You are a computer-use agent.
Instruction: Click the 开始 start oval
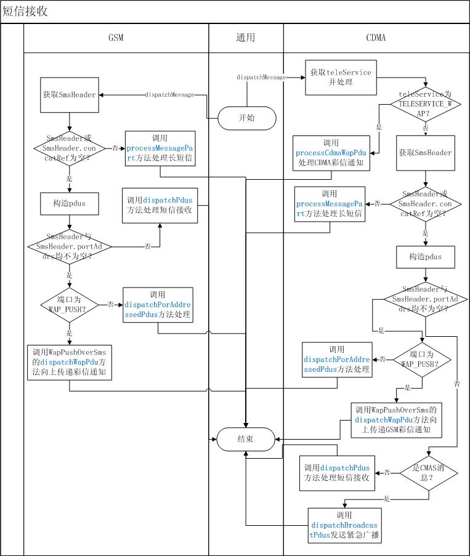coord(246,118)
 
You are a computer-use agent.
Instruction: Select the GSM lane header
coord(116,38)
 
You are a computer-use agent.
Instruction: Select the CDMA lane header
coord(376,38)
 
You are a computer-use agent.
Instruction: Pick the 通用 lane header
coord(246,38)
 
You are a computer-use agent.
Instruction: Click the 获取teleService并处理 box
coord(341,78)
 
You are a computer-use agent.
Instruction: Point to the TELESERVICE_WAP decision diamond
coord(425,104)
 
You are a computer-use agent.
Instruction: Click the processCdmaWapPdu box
coord(335,153)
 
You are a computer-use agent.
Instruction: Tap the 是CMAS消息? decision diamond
coord(425,473)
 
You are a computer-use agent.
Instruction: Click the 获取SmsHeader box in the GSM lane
coord(69,95)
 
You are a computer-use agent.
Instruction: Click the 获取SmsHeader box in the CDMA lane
coord(425,153)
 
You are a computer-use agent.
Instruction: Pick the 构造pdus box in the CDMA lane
coord(425,256)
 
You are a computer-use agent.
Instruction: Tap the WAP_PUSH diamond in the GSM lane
coord(69,304)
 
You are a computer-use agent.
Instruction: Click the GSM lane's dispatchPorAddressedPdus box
coord(158,305)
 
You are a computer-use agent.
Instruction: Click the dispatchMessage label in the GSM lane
coord(169,95)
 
